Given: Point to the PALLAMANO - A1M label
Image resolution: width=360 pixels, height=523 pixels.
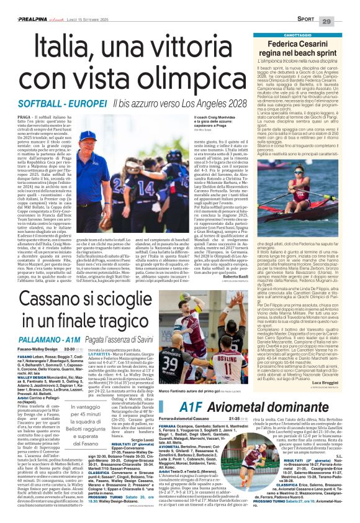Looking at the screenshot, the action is [47, 325].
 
